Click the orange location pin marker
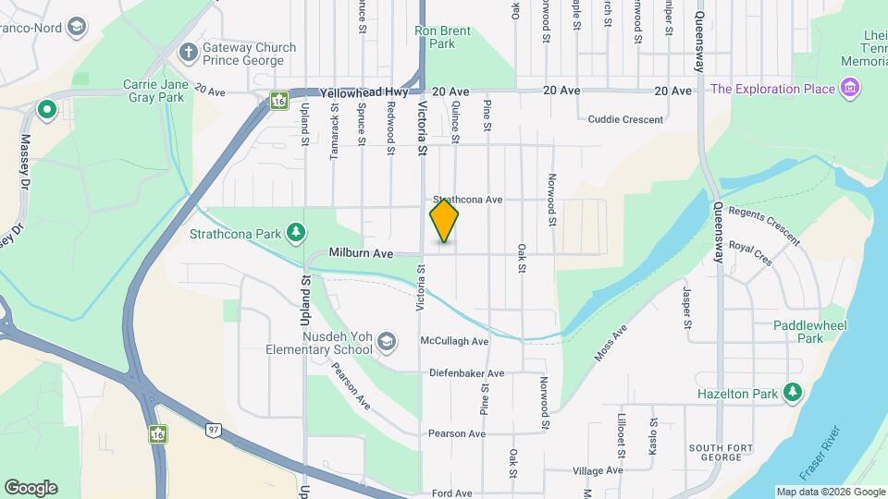pos(444,221)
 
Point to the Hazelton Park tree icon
pos(792,392)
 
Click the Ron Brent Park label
pos(442,37)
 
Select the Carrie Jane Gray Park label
pos(155,91)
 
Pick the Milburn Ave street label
pos(362,253)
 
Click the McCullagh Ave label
pos(454,341)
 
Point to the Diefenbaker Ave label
pos(466,373)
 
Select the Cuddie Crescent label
pos(625,119)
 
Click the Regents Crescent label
pos(764,225)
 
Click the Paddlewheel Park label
pos(797,332)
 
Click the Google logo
pos(31,488)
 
